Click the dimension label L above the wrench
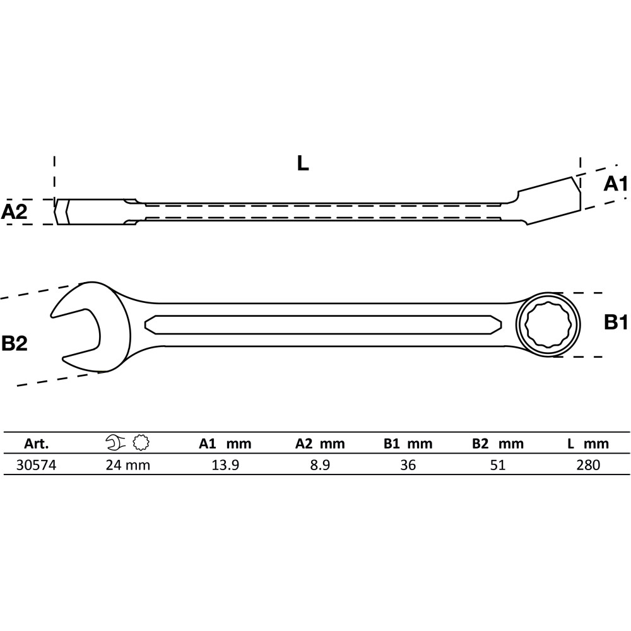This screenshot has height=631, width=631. [x=303, y=163]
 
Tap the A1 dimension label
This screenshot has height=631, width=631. [x=615, y=184]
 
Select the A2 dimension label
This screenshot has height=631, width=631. [x=14, y=211]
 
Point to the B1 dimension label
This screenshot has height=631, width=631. [x=616, y=322]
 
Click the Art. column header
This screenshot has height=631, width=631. [x=36, y=444]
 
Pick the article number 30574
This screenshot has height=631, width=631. [x=36, y=465]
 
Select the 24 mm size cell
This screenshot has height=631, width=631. [x=128, y=465]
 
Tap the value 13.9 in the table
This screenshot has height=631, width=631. [x=225, y=465]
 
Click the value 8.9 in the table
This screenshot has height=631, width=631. [x=321, y=465]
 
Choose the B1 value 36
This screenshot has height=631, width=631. [x=408, y=465]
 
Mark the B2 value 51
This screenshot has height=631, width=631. [x=498, y=465]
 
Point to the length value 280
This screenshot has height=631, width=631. [x=588, y=465]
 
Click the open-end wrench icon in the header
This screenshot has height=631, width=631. [x=115, y=442]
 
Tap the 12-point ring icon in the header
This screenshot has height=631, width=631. [x=141, y=442]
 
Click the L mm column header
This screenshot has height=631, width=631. [x=588, y=444]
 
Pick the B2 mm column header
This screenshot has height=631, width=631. [x=498, y=444]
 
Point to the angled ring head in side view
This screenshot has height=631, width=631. [x=549, y=201]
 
